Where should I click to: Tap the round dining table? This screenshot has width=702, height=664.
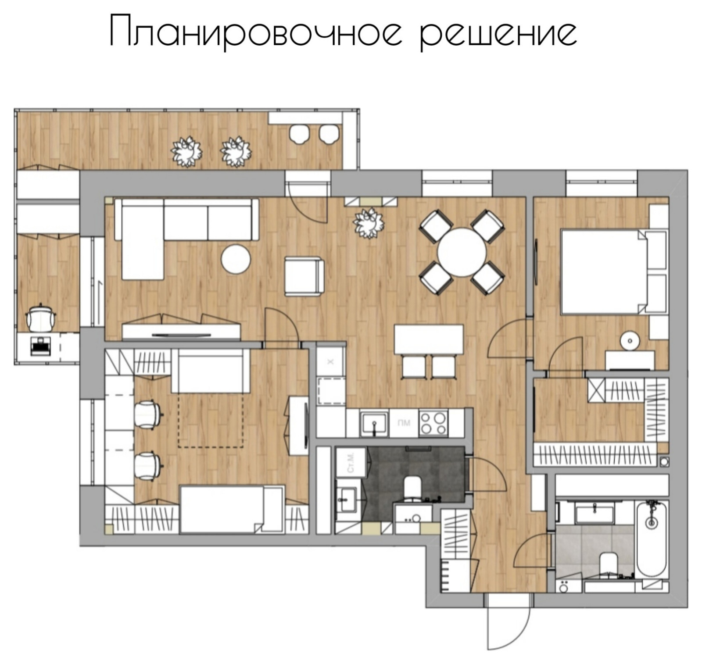point(462,252)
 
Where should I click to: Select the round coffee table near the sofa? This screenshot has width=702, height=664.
point(236,259)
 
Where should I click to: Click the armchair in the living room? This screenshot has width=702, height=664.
point(304,276)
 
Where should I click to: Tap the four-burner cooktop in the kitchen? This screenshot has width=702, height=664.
point(433,423)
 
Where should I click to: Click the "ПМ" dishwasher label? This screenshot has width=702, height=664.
point(404,423)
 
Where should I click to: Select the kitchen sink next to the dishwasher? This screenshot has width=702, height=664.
point(374,423)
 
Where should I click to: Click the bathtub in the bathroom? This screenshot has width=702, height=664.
point(652,539)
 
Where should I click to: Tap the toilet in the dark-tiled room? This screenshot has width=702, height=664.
point(412,488)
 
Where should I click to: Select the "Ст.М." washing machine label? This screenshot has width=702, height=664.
point(351,463)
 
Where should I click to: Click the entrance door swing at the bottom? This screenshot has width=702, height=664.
point(509,623)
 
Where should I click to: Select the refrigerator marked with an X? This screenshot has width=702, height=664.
point(331,361)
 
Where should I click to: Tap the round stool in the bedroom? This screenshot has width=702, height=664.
point(630,341)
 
